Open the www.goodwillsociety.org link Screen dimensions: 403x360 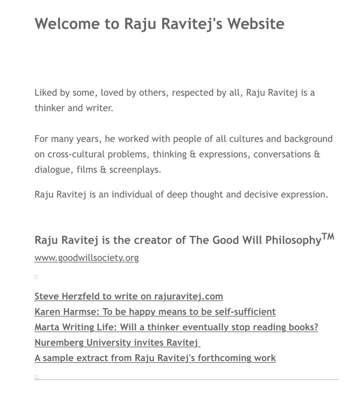pos(87,258)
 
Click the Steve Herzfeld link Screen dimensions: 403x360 pos(128,296)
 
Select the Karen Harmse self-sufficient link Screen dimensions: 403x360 pos(155,312)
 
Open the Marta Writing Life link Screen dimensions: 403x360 pos(176,327)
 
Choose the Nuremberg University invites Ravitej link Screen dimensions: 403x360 pos(117,343)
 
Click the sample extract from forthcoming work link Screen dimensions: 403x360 pos(155,358)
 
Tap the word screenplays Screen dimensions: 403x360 pos(135,170)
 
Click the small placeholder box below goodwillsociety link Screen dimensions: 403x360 pos(36,277)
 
